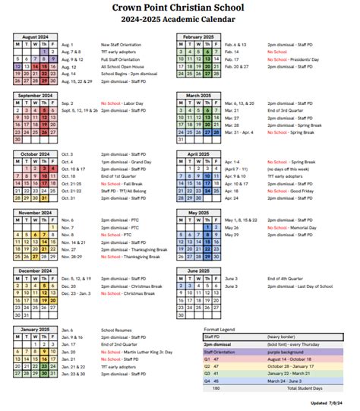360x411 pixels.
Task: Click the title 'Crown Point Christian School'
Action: point(180,7)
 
